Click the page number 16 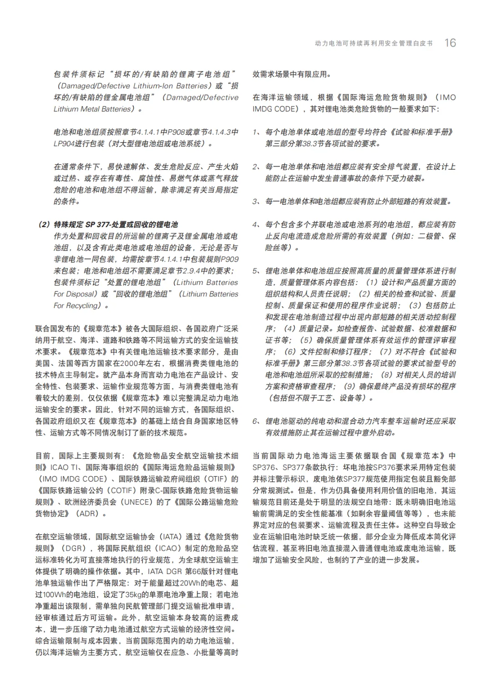(450, 43)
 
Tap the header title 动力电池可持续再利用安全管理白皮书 (374, 44)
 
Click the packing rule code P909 (229, 259)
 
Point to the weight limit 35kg (134, 594)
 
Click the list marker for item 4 (256, 224)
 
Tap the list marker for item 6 (256, 421)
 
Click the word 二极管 (430, 236)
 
